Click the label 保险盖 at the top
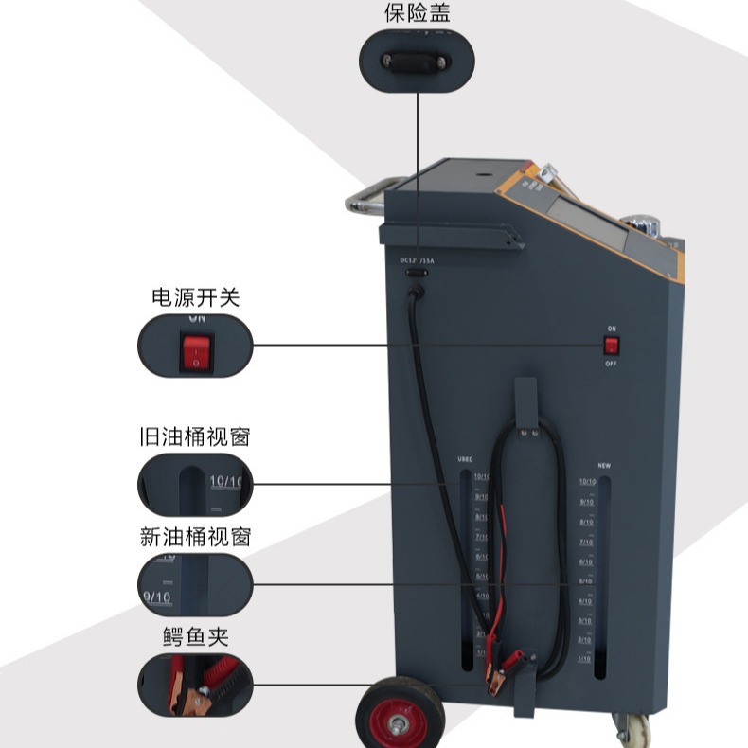pyautogui.click(x=417, y=12)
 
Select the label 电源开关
pyautogui.click(x=195, y=297)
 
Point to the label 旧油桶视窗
pyautogui.click(x=195, y=437)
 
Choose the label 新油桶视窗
pyautogui.click(x=195, y=537)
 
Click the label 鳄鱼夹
pyautogui.click(x=195, y=636)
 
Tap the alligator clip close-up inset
pyautogui.click(x=195, y=683)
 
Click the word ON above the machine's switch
pyautogui.click(x=612, y=329)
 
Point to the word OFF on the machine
pyautogui.click(x=612, y=364)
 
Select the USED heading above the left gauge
pyautogui.click(x=465, y=459)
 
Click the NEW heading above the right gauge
pyautogui.click(x=603, y=466)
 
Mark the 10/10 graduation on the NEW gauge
pyautogui.click(x=587, y=482)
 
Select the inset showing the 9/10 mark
pyautogui.click(x=195, y=584)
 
